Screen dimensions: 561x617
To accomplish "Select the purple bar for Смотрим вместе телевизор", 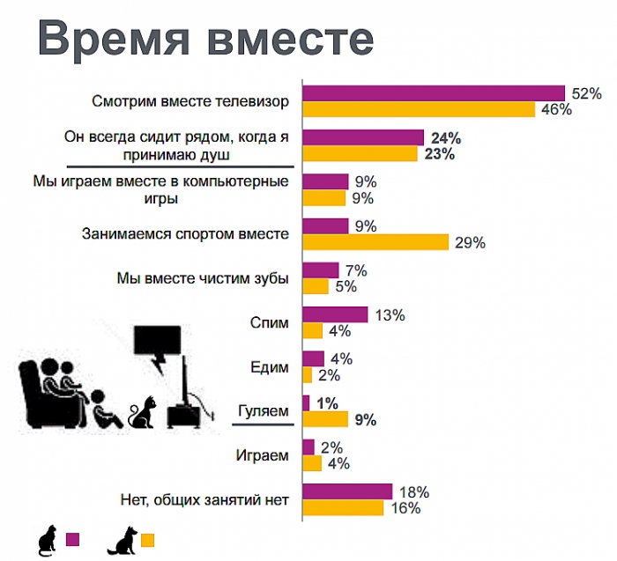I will (x=433, y=93).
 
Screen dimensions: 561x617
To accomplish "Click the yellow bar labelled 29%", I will (x=375, y=242).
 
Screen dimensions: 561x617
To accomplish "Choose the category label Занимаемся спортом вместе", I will (x=186, y=234).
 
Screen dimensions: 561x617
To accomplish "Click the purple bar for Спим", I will (x=335, y=314).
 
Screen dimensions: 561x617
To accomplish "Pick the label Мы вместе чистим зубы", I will (x=203, y=278).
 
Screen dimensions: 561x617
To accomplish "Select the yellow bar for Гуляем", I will (x=325, y=419).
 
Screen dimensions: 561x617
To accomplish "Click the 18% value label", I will (x=413, y=491).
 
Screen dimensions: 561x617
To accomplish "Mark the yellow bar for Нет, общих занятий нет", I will (x=343, y=508).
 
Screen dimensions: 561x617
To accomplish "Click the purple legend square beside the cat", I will (x=74, y=540).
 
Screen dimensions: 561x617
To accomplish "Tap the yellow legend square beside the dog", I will (x=147, y=540).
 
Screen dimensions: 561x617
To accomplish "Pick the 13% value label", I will (x=389, y=314).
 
